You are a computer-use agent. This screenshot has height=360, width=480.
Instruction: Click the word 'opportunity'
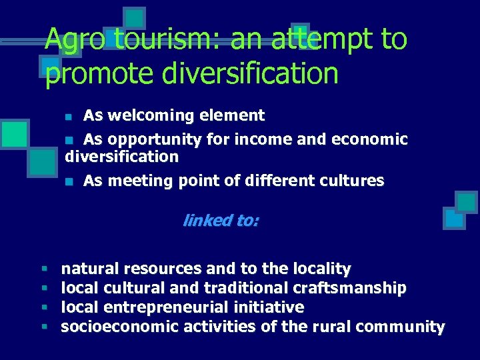[x=154, y=139]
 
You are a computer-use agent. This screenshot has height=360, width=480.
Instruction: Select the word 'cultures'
[x=357, y=181]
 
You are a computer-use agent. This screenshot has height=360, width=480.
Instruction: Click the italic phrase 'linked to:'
[x=221, y=221]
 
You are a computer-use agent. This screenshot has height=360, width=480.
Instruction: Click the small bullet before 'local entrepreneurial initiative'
[x=43, y=307]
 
